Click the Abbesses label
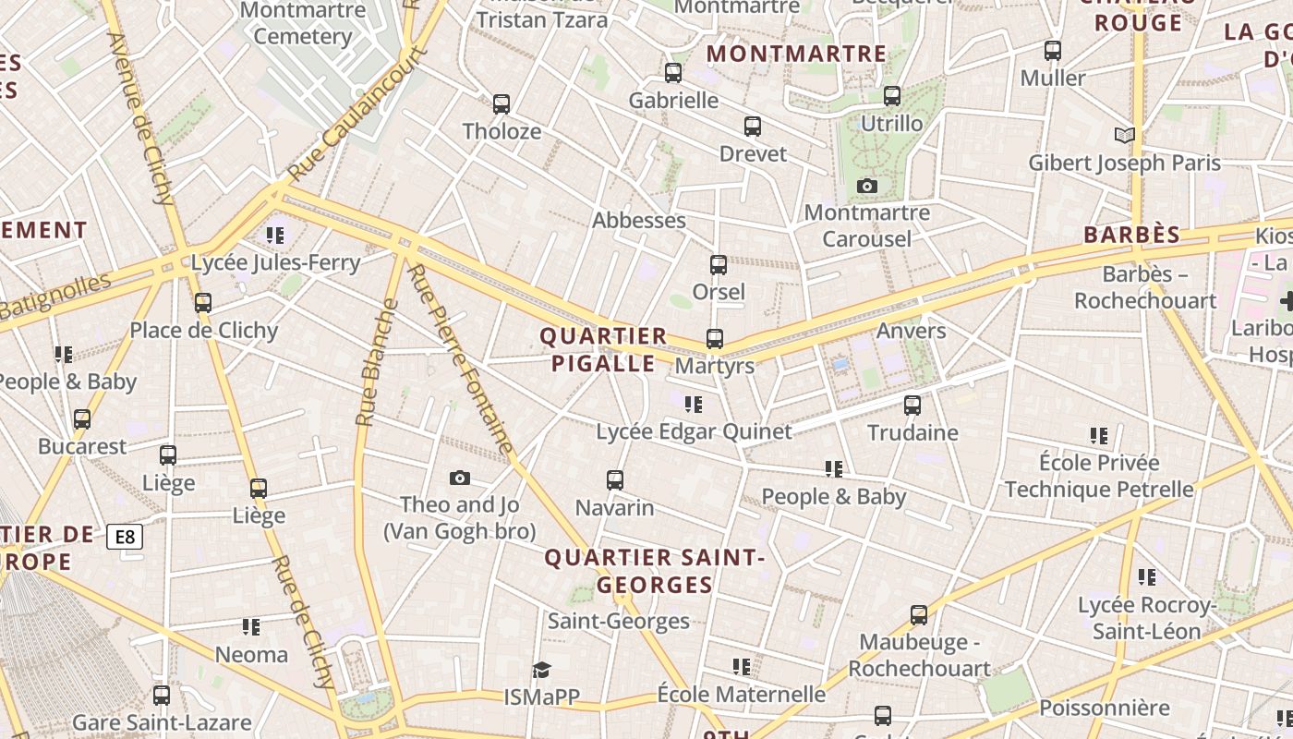pyautogui.click(x=638, y=221)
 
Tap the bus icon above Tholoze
pyautogui.click(x=501, y=104)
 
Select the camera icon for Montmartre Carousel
pyautogui.click(x=866, y=187)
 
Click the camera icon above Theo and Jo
pyautogui.click(x=460, y=478)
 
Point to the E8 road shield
pyautogui.click(x=125, y=537)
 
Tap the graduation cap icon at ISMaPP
pyautogui.click(x=541, y=670)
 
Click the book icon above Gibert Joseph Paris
pyautogui.click(x=1124, y=136)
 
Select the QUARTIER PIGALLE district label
pyautogui.click(x=603, y=349)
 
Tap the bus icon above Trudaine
pyautogui.click(x=912, y=406)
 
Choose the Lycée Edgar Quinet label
pyautogui.click(x=694, y=431)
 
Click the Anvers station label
pyautogui.click(x=912, y=331)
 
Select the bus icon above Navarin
pyautogui.click(x=615, y=480)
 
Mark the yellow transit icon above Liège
pyautogui.click(x=259, y=489)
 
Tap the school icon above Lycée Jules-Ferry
pyautogui.click(x=274, y=236)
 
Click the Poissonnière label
pyautogui.click(x=1105, y=709)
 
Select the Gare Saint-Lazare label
pyautogui.click(x=162, y=722)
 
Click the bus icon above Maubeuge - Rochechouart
pyautogui.click(x=919, y=614)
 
